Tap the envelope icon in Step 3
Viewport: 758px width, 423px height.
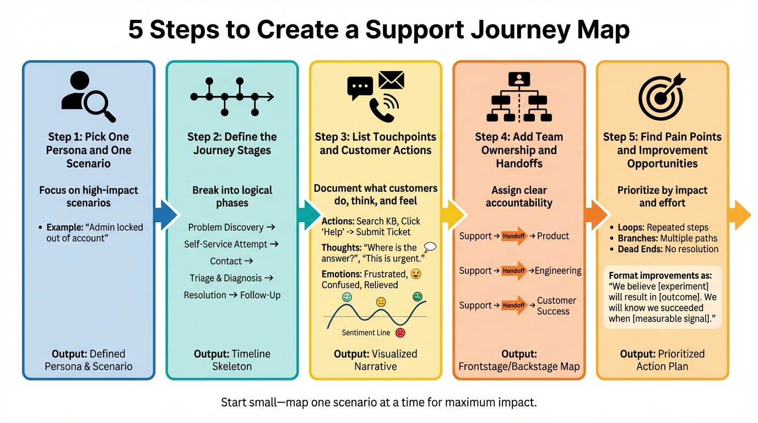coord(392,80)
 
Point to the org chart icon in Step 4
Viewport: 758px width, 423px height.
coord(519,97)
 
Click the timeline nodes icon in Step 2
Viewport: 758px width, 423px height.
coord(231,97)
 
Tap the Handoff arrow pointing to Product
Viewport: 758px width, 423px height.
coord(514,236)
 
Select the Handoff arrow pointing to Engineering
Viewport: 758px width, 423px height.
coord(514,270)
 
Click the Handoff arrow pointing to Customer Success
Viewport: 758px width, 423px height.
coord(514,305)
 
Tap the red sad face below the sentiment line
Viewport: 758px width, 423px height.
coord(400,333)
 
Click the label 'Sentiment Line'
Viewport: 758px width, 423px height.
coord(366,333)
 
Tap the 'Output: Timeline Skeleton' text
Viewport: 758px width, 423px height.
coord(232,360)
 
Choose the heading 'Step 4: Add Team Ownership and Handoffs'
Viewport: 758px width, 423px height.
coord(519,150)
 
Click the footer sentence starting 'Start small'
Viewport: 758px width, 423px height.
coord(378,402)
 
